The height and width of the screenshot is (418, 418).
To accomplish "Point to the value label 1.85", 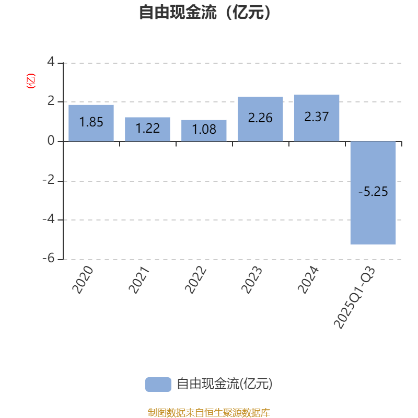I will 91,122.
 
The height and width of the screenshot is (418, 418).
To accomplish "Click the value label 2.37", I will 317,117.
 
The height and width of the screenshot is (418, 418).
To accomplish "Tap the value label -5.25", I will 373,192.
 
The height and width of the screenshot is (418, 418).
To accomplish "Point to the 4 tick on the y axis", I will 51,62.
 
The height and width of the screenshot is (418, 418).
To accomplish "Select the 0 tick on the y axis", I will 51,141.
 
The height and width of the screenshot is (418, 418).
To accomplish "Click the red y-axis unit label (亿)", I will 30,81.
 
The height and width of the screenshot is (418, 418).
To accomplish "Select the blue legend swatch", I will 158,385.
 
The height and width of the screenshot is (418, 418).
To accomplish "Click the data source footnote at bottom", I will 208,413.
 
